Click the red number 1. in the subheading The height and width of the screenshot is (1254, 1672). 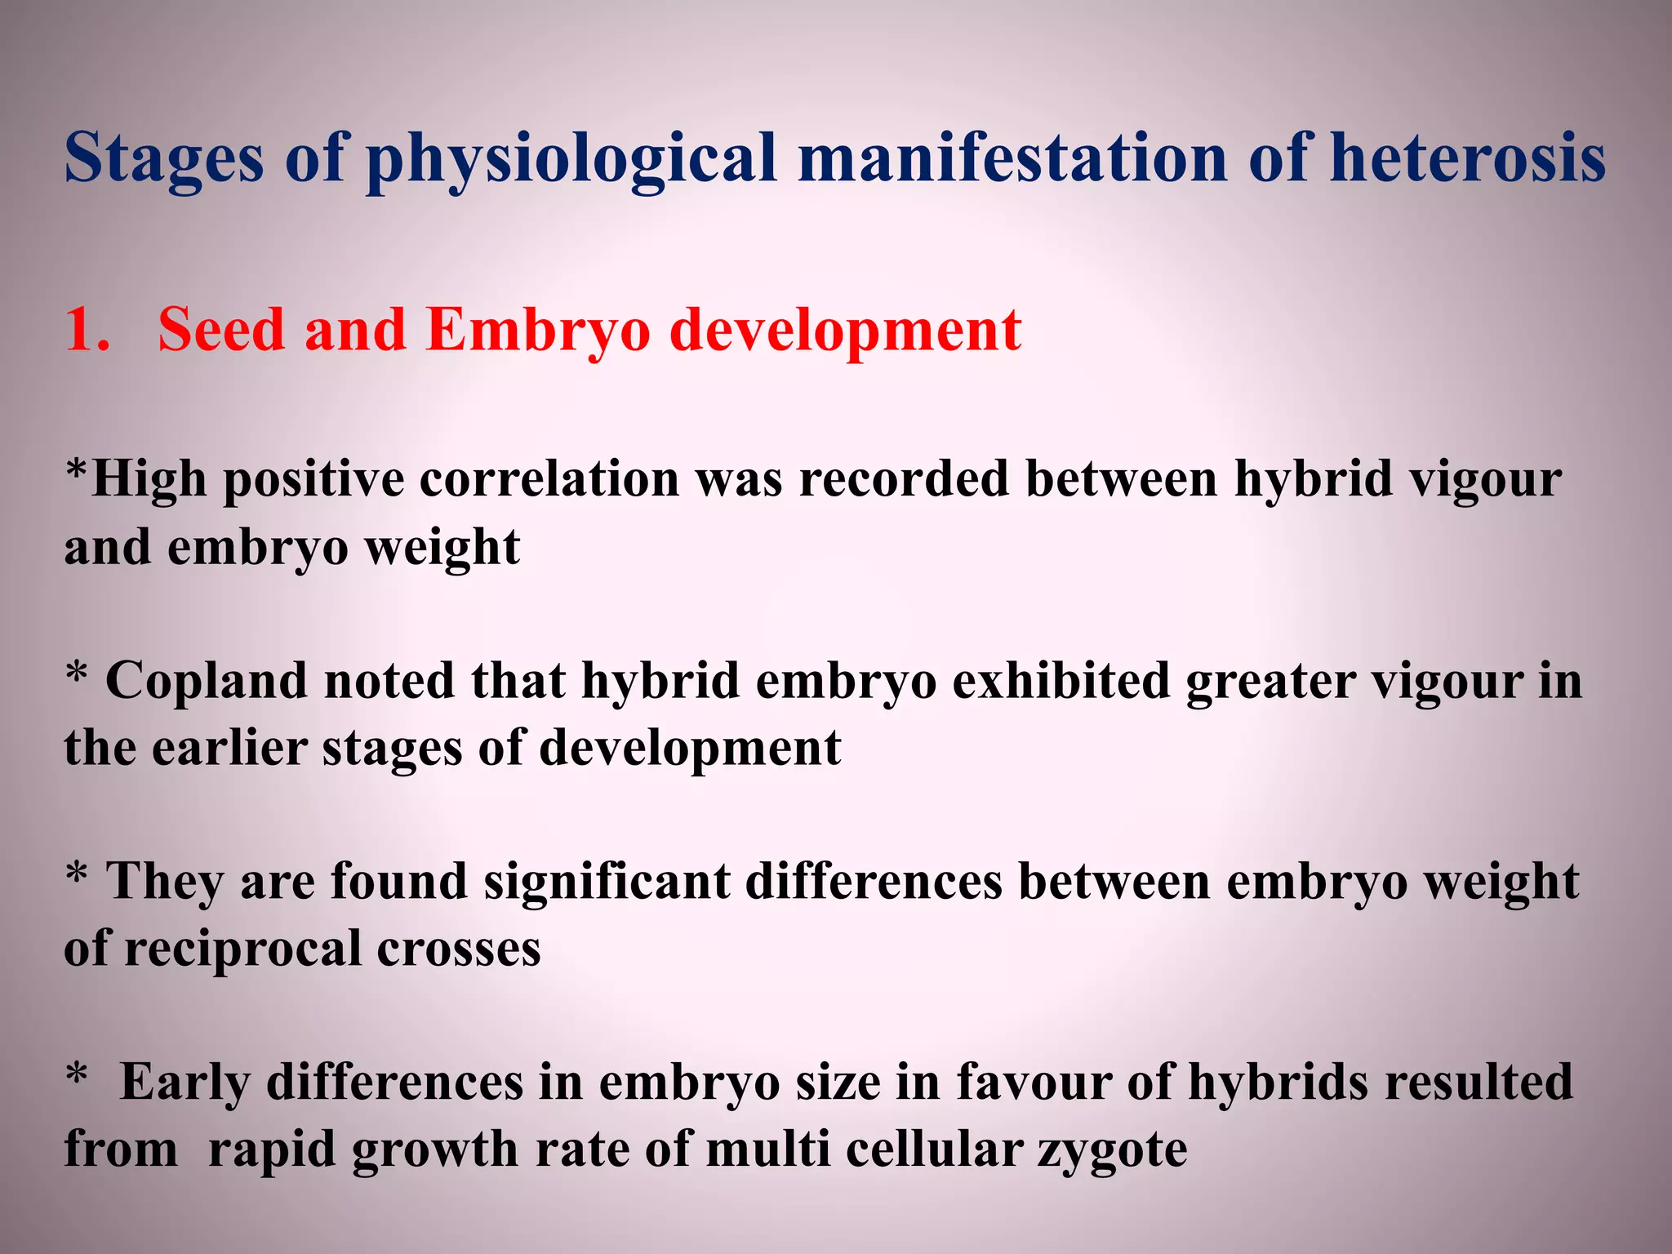[x=87, y=331]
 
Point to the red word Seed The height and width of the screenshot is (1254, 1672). [x=220, y=331]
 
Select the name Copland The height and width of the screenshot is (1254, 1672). [x=206, y=680]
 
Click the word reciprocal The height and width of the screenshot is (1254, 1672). [x=242, y=949]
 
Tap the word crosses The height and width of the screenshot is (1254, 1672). [x=459, y=949]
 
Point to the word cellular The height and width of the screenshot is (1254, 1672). [x=934, y=1150]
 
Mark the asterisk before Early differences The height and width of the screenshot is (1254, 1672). [x=77, y=1073]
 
